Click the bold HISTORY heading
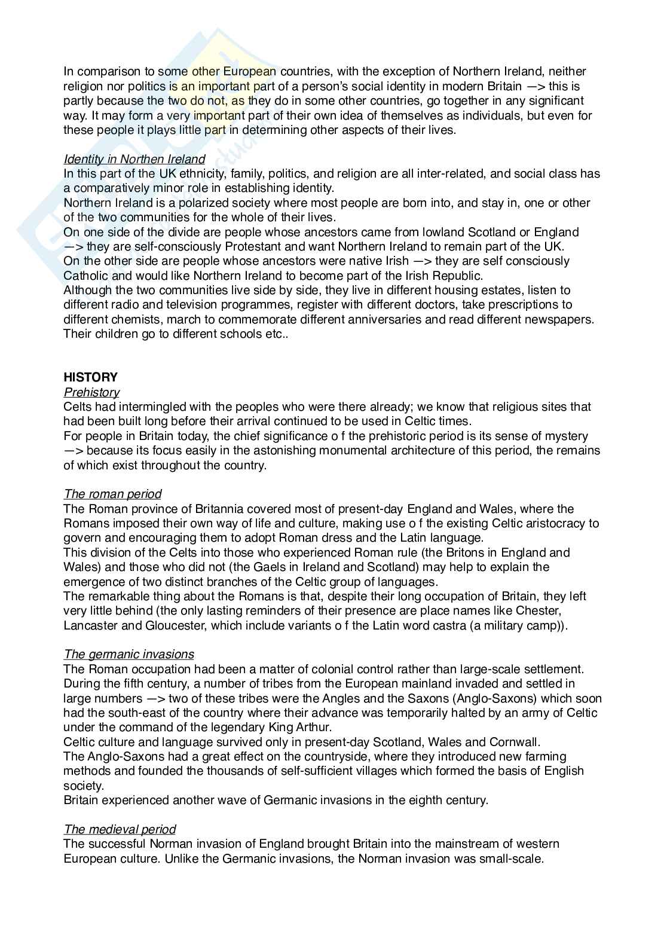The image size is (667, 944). (x=90, y=377)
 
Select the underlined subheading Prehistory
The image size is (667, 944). (x=91, y=392)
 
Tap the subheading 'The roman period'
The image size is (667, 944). (x=112, y=494)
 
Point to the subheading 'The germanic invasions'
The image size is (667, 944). (x=128, y=655)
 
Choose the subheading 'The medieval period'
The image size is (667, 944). (x=120, y=829)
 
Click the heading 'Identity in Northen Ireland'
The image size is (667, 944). (x=134, y=159)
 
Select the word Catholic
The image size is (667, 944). (x=85, y=276)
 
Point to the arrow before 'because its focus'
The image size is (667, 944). (x=74, y=450)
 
